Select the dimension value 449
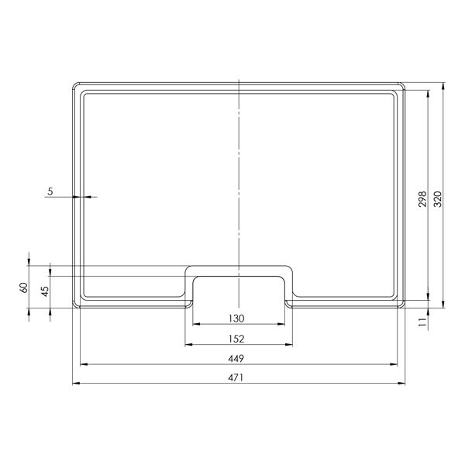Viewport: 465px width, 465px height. pyautogui.click(x=236, y=358)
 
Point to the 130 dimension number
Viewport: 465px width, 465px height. pyautogui.click(x=236, y=319)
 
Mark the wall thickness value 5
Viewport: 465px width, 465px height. pyautogui.click(x=50, y=191)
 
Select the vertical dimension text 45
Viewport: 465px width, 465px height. pyautogui.click(x=45, y=291)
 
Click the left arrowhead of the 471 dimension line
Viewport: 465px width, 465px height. pyautogui.click(x=75, y=384)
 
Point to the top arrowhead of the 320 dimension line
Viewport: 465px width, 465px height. pyautogui.click(x=443, y=84)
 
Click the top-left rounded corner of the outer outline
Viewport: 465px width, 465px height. pyautogui.click(x=76, y=85)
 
